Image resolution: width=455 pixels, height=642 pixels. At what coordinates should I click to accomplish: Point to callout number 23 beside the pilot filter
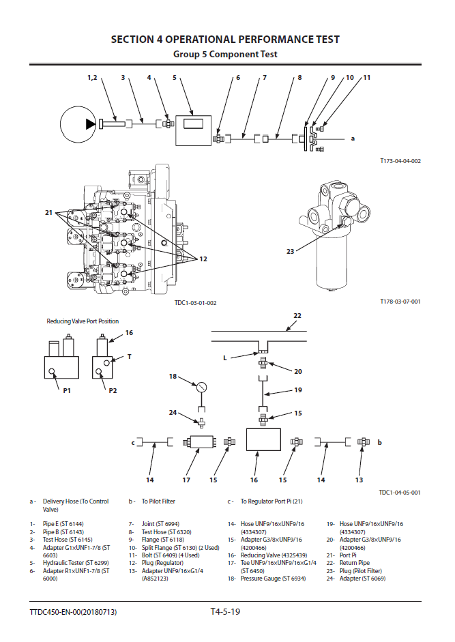pyautogui.click(x=291, y=251)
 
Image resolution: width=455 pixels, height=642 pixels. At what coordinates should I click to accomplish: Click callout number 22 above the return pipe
pyautogui.click(x=297, y=316)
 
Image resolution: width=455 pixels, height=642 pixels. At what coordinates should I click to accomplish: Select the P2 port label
pyautogui.click(x=113, y=390)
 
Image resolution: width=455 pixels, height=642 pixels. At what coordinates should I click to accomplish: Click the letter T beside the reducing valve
pyautogui.click(x=129, y=356)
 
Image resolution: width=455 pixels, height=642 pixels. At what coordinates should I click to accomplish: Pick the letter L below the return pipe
pyautogui.click(x=224, y=358)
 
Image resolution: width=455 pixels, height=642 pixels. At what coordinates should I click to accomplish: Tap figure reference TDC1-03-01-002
pyautogui.click(x=195, y=302)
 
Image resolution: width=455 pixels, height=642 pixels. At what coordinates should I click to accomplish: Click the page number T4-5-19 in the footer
pyautogui.click(x=225, y=611)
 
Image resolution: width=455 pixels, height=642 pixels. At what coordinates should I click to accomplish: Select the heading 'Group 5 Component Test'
pyautogui.click(x=225, y=54)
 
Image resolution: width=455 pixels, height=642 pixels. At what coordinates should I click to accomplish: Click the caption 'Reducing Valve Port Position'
pyautogui.click(x=82, y=321)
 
